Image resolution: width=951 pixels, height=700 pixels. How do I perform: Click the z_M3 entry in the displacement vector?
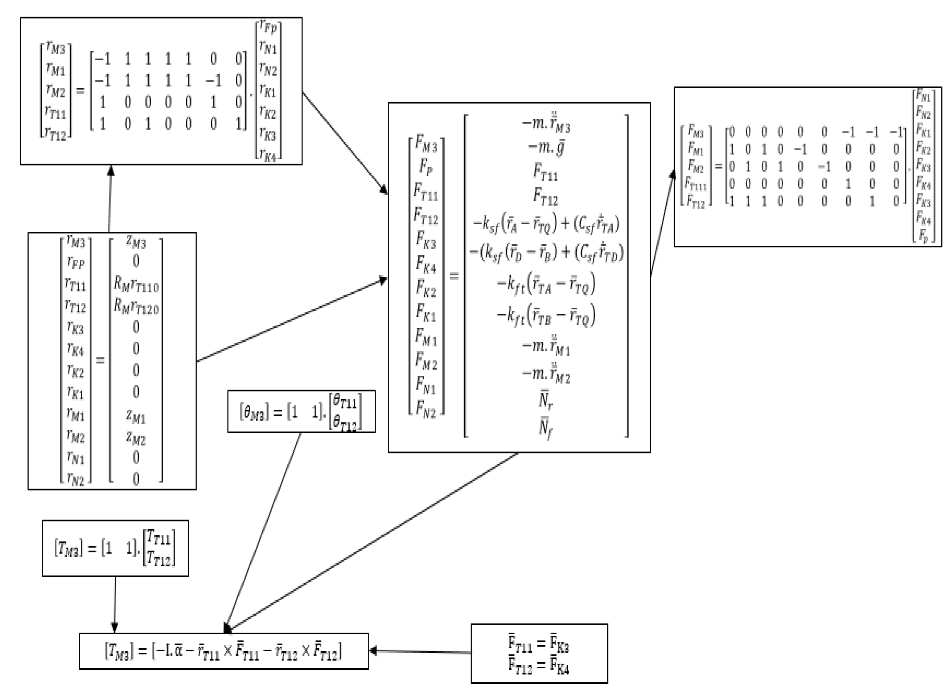point(136,242)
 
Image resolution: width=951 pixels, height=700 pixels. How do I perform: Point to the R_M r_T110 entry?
point(136,284)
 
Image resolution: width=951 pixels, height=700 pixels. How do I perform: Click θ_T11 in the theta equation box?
point(345,401)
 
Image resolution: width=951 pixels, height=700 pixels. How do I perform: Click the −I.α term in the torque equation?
point(168,651)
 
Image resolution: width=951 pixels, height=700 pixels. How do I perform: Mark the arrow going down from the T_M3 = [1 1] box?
point(115,604)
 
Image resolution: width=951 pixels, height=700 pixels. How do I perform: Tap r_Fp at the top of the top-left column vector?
point(268,27)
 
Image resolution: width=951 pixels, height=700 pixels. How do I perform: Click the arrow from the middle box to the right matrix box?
point(663,223)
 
